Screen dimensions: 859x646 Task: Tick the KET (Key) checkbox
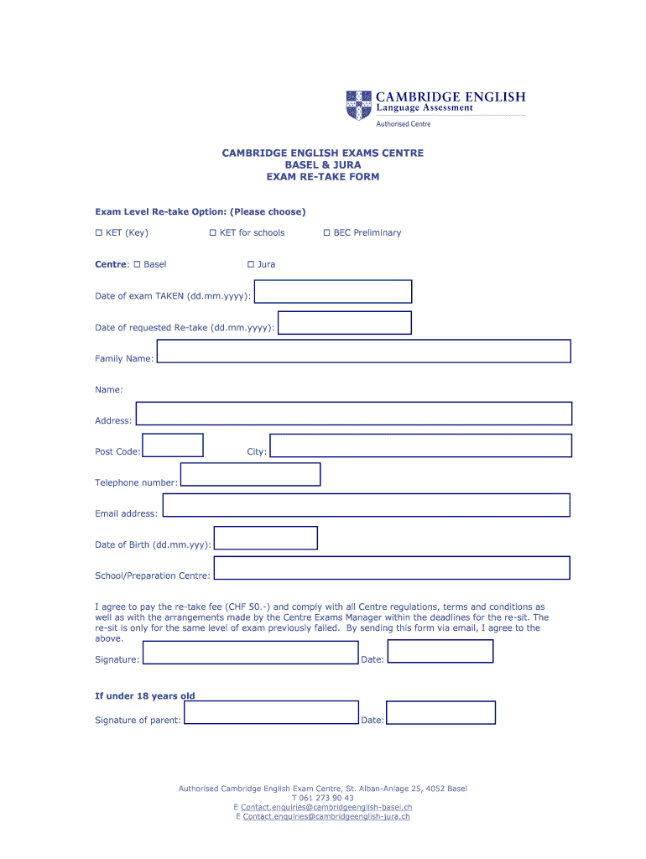pos(98,232)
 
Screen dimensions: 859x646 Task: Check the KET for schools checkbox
pos(212,232)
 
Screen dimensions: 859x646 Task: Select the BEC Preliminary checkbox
pos(326,232)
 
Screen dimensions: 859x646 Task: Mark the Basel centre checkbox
pos(136,264)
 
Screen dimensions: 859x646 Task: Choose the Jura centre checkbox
pos(250,264)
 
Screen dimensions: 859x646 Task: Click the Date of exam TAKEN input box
pos(332,291)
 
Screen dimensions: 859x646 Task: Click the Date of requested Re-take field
pos(344,323)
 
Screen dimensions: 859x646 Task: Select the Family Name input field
pos(363,351)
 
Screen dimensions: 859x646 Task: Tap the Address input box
pos(353,414)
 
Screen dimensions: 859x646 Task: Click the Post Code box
pos(173,445)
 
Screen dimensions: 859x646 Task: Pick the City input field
pos(420,445)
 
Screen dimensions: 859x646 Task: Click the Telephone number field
pos(250,474)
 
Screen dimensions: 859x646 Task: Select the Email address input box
pos(366,505)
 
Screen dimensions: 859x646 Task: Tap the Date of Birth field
pos(265,538)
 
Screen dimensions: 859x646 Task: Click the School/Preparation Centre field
pos(391,568)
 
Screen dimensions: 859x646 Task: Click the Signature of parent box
pos(271,713)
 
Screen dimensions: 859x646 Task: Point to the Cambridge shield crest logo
pos(357,105)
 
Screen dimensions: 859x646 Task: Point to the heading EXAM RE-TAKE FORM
pos(323,177)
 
